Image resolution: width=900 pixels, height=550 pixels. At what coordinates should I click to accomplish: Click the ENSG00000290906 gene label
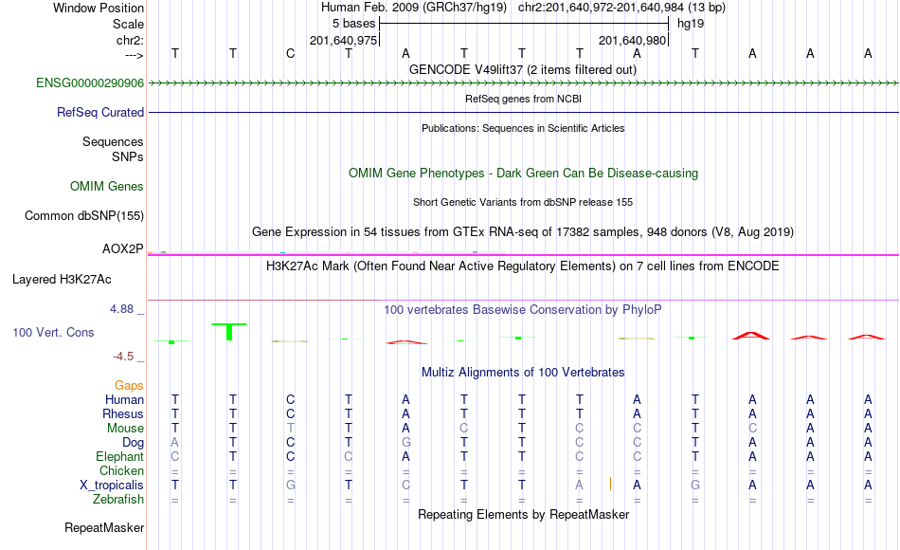pos(90,82)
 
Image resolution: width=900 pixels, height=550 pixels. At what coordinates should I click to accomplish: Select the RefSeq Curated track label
pos(100,112)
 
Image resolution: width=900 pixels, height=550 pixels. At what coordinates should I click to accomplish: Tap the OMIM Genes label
pos(107,186)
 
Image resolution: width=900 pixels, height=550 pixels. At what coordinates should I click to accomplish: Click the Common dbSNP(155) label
pos(84,215)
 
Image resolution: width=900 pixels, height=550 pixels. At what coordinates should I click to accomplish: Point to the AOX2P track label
pos(123,248)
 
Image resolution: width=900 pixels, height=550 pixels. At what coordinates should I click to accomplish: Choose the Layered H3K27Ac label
pos(62,280)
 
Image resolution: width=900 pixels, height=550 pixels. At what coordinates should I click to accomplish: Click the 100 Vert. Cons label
pos(53,332)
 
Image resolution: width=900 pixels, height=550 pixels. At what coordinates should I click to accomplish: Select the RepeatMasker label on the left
pos(104,527)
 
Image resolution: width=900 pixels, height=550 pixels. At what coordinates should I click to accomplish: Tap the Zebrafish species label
pos(118,499)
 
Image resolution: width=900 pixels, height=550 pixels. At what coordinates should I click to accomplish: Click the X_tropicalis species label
pos(112,486)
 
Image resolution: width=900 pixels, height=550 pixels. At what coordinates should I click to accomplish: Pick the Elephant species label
pos(120,456)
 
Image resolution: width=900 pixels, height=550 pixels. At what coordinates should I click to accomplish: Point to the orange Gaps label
pos(129,386)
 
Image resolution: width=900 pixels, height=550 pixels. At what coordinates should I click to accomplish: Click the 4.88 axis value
pos(121,309)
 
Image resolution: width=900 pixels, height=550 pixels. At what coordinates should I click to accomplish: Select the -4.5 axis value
pos(123,357)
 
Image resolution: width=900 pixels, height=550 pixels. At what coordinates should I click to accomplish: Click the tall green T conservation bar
pos(229,332)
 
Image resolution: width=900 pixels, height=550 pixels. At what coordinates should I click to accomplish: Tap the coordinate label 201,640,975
pos(343,40)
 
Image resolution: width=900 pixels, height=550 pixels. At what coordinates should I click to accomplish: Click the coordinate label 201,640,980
pos(633,40)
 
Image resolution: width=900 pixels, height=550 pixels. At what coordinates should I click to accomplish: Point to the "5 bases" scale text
pos(353,24)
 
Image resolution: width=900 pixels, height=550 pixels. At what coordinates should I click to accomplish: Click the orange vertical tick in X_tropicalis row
pos(610,484)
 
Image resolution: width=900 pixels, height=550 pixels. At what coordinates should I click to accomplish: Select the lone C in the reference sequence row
pos(291,53)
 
